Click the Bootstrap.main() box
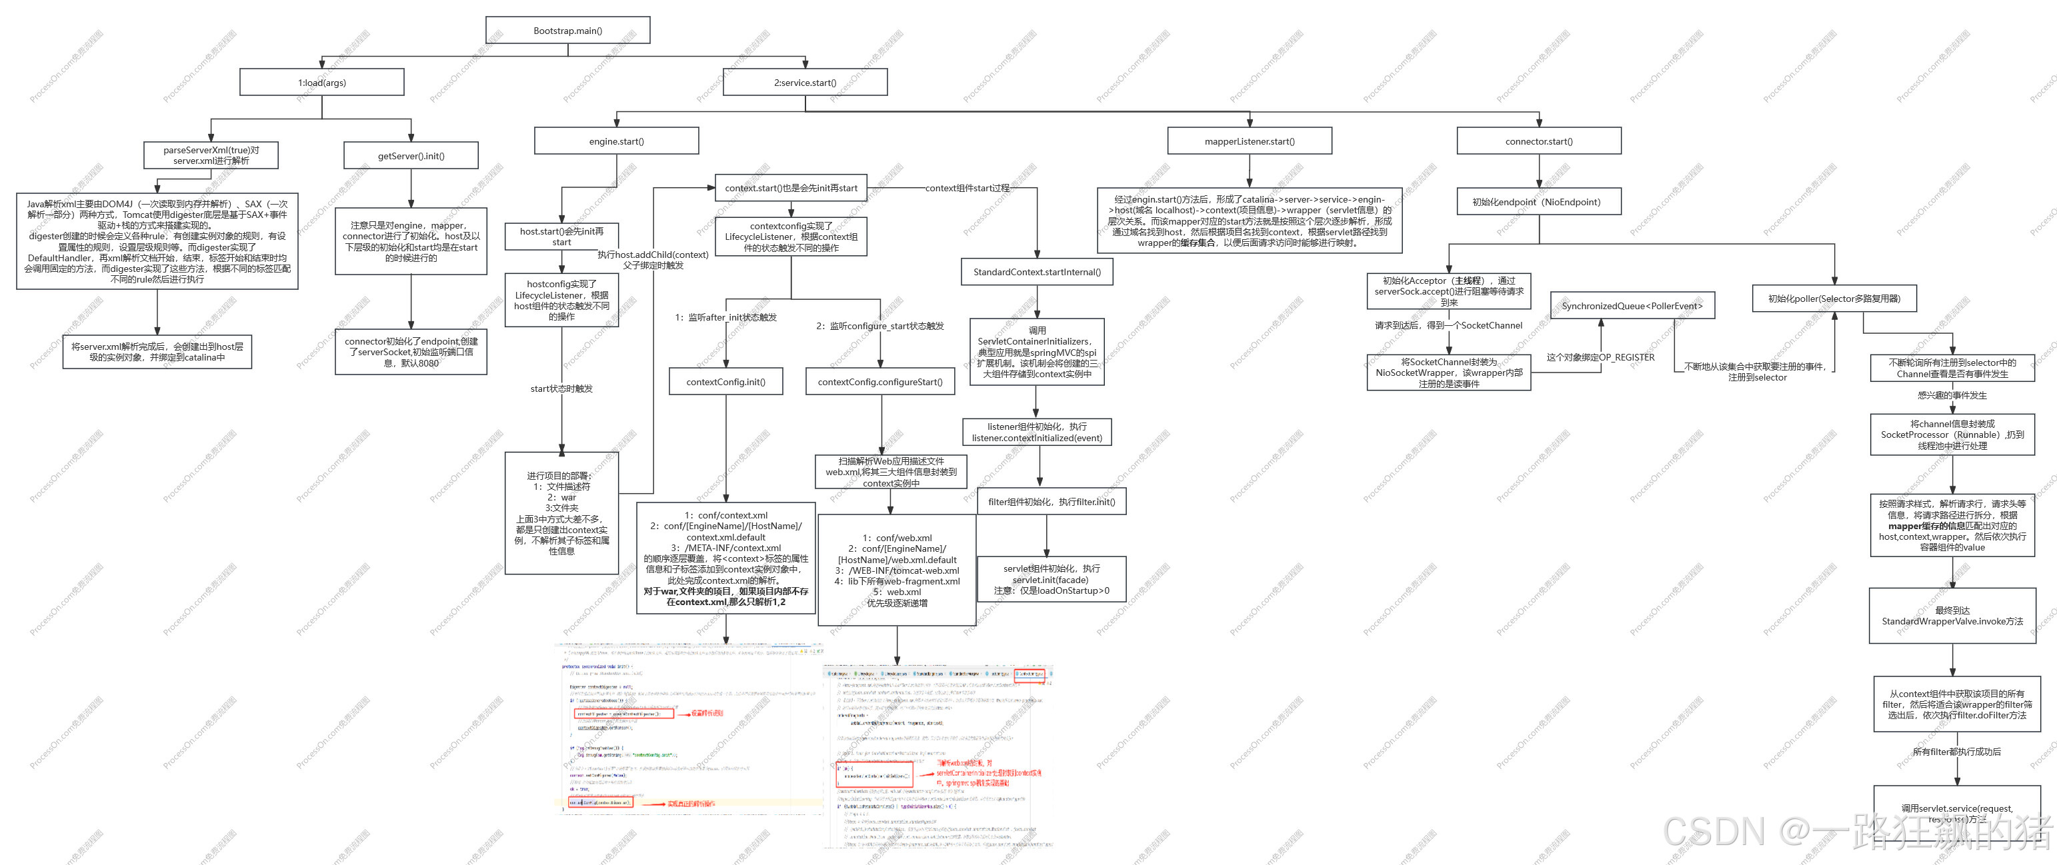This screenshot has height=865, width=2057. tap(567, 31)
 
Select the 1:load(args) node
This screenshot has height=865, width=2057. tap(322, 82)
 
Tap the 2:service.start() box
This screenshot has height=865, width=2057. tap(805, 82)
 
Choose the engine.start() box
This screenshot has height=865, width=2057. tap(617, 141)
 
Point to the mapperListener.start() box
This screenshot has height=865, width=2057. tap(1250, 141)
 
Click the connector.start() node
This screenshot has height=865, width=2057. tap(1539, 141)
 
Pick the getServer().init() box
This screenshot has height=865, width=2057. tap(411, 155)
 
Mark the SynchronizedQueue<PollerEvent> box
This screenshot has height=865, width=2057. tap(1632, 306)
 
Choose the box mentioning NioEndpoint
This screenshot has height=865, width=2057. tap(1539, 202)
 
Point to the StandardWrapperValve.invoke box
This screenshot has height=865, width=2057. tap(1952, 616)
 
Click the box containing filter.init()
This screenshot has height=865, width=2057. tap(1051, 502)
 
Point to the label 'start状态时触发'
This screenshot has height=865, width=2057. tap(561, 389)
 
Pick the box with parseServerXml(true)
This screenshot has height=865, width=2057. tap(211, 155)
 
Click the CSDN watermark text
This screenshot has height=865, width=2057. tap(1852, 832)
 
